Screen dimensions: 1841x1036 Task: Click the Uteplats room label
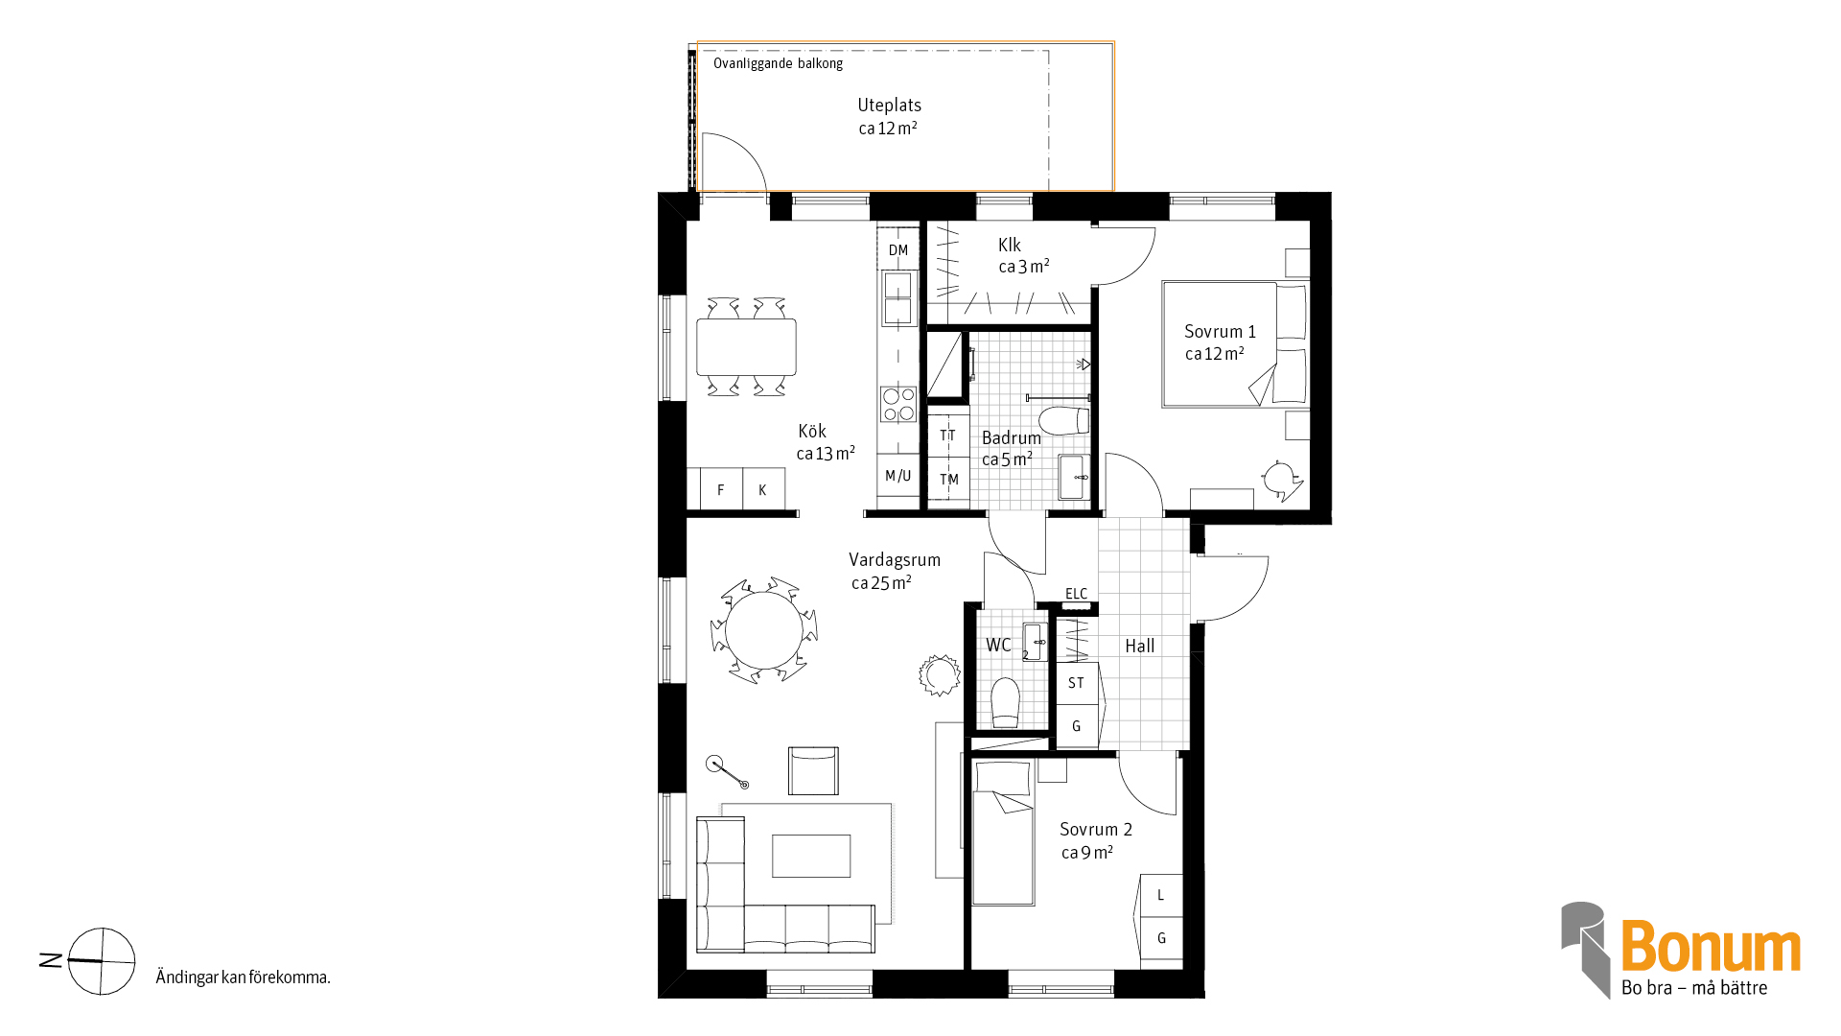[x=889, y=106]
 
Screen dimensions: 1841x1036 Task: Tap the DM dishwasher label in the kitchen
[x=898, y=250]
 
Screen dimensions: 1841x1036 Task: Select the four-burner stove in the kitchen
[x=898, y=404]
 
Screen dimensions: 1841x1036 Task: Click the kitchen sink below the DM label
[x=898, y=297]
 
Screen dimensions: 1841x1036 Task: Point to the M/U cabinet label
[x=898, y=476]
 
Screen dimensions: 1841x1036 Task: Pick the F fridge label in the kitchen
[x=720, y=490]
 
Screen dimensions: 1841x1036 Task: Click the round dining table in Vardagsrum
[x=764, y=631]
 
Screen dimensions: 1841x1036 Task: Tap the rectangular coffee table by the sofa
[x=811, y=856]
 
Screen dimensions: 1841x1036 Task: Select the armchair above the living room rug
[x=813, y=770]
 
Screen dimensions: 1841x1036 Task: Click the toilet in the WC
[x=1005, y=703]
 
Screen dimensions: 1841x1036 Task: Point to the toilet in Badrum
[x=1064, y=421]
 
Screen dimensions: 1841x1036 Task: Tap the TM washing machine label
[x=949, y=480]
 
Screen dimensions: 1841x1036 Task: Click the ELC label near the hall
[x=1077, y=594]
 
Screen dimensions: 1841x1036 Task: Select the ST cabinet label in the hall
[x=1076, y=683]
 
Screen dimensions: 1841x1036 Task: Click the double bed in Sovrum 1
[x=1235, y=343]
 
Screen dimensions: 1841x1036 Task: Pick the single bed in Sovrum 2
[x=1003, y=833]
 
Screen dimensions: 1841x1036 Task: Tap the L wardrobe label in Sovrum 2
[x=1160, y=895]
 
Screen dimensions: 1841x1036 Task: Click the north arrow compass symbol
[x=101, y=960]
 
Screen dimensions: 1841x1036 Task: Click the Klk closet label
[x=1010, y=245]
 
